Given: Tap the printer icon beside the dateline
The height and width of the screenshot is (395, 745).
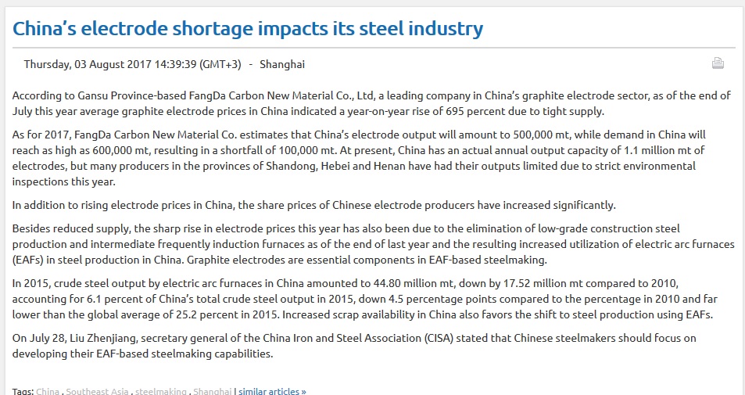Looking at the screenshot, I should coord(718,63).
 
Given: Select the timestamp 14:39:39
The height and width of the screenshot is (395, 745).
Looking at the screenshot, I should coord(176,64).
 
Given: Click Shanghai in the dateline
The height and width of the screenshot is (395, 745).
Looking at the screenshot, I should coord(282,64).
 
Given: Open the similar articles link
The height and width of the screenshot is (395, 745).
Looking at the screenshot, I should coord(272,391).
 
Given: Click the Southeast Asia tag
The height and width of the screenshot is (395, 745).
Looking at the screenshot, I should coord(98,391).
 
